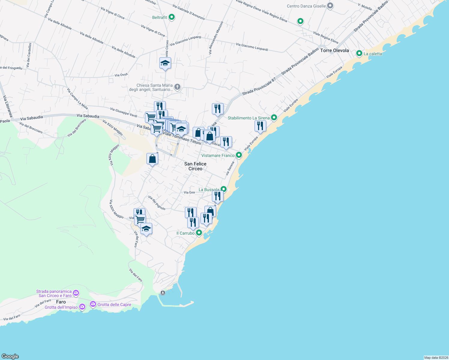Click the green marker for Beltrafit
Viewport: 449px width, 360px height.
coord(172,17)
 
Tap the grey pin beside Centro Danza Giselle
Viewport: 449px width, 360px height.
coord(330,6)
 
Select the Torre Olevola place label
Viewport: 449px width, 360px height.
coord(334,50)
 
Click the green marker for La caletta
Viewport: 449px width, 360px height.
coord(359,53)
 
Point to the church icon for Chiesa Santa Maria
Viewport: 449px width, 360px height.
coord(177,87)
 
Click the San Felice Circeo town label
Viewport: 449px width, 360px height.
coord(195,166)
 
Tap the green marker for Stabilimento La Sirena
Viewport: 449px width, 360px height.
coord(274,118)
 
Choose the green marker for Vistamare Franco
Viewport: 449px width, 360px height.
coord(239,155)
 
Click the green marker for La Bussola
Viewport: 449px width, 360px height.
coord(223,189)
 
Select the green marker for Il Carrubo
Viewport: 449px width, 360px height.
coord(199,233)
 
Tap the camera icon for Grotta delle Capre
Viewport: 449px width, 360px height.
coord(93,304)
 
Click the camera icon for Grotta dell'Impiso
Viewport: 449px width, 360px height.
coord(82,307)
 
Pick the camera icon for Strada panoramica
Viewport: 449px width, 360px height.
coord(76,293)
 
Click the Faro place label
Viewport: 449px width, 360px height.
coord(61,302)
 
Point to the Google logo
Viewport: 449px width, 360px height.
coord(10,356)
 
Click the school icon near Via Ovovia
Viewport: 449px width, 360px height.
coord(165,63)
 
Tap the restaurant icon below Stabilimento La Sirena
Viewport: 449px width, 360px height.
coord(260,126)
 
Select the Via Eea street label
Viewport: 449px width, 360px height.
coord(189,192)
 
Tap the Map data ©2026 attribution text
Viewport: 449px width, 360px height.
coord(436,358)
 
